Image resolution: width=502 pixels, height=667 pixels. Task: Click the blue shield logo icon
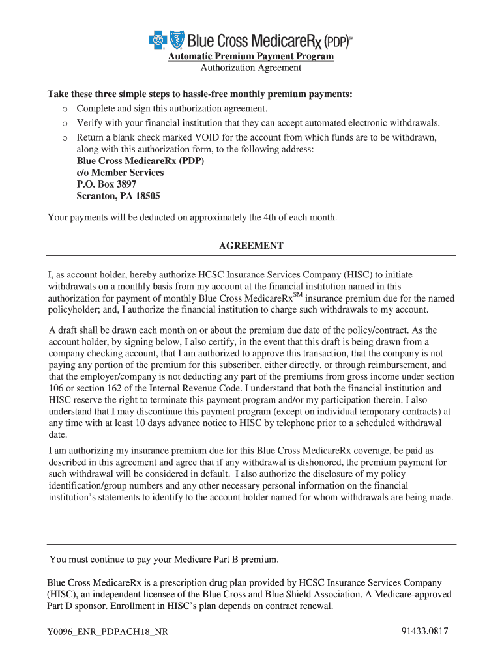click(177, 40)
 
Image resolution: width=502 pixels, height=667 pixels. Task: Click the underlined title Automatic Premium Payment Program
click(251, 57)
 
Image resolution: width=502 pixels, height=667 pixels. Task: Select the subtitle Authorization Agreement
click(251, 68)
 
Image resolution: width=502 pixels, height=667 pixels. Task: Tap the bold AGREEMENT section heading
click(251, 246)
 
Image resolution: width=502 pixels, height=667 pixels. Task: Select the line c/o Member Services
click(121, 173)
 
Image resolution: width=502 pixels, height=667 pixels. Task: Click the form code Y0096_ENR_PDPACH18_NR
click(108, 632)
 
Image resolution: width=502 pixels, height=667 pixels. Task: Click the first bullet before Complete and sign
click(65, 109)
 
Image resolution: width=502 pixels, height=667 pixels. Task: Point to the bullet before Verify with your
click(65, 123)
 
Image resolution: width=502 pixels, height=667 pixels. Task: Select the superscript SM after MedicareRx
click(299, 295)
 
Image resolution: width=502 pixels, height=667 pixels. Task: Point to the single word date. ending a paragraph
click(58, 435)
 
